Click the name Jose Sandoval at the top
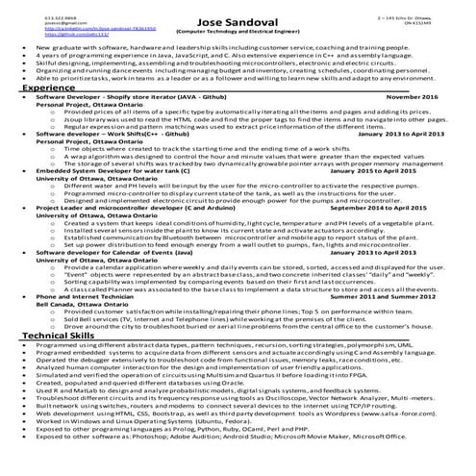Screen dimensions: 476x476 click(238, 20)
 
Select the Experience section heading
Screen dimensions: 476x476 click(49, 88)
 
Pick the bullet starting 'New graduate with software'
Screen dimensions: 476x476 click(221, 46)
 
